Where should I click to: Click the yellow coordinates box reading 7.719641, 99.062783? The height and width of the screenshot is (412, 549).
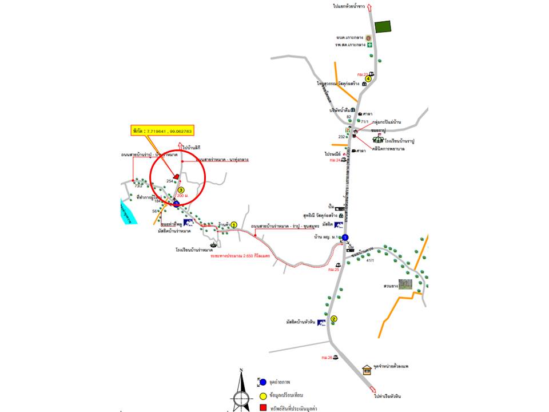(x=162, y=131)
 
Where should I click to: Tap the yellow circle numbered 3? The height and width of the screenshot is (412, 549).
(x=181, y=190)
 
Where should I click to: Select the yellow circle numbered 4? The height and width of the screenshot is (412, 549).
(x=369, y=80)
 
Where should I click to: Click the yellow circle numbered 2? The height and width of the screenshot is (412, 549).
(x=334, y=319)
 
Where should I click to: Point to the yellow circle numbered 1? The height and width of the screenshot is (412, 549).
(x=234, y=225)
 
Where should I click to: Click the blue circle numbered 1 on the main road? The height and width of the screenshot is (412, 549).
(x=345, y=237)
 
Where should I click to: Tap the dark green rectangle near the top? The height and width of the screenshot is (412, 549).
(x=383, y=26)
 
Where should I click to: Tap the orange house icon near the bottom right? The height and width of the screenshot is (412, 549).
(x=367, y=369)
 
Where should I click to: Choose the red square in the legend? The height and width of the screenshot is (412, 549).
(x=264, y=408)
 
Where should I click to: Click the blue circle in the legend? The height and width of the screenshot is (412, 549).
(x=263, y=382)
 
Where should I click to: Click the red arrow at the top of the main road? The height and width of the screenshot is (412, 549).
(x=369, y=6)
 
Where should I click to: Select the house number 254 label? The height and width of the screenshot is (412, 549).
(x=169, y=181)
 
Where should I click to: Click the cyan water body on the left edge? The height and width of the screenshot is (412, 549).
(x=128, y=211)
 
